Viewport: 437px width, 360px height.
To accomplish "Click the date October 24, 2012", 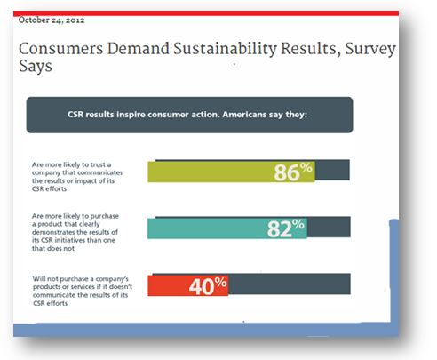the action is point(52,20).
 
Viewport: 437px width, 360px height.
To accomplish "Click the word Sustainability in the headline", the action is point(225,49).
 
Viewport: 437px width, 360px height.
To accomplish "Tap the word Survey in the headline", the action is point(370,49).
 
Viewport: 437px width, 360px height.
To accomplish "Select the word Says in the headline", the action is point(36,66).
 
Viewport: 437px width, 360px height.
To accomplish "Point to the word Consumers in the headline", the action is point(61,49).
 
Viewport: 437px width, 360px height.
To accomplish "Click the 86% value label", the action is point(293,172).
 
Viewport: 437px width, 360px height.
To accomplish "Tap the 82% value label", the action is point(286,228).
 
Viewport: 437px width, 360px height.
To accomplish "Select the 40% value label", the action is point(208,286).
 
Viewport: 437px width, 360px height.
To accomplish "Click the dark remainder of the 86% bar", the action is point(332,170).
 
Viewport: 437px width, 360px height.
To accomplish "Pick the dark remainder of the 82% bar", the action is point(329,227).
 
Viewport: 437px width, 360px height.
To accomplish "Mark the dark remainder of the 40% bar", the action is point(290,284).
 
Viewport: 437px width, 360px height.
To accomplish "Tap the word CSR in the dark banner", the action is point(75,115).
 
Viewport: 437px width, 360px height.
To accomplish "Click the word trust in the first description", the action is point(98,164).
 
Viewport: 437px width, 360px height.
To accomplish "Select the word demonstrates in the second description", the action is point(53,232).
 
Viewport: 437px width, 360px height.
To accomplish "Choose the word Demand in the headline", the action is point(139,49).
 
